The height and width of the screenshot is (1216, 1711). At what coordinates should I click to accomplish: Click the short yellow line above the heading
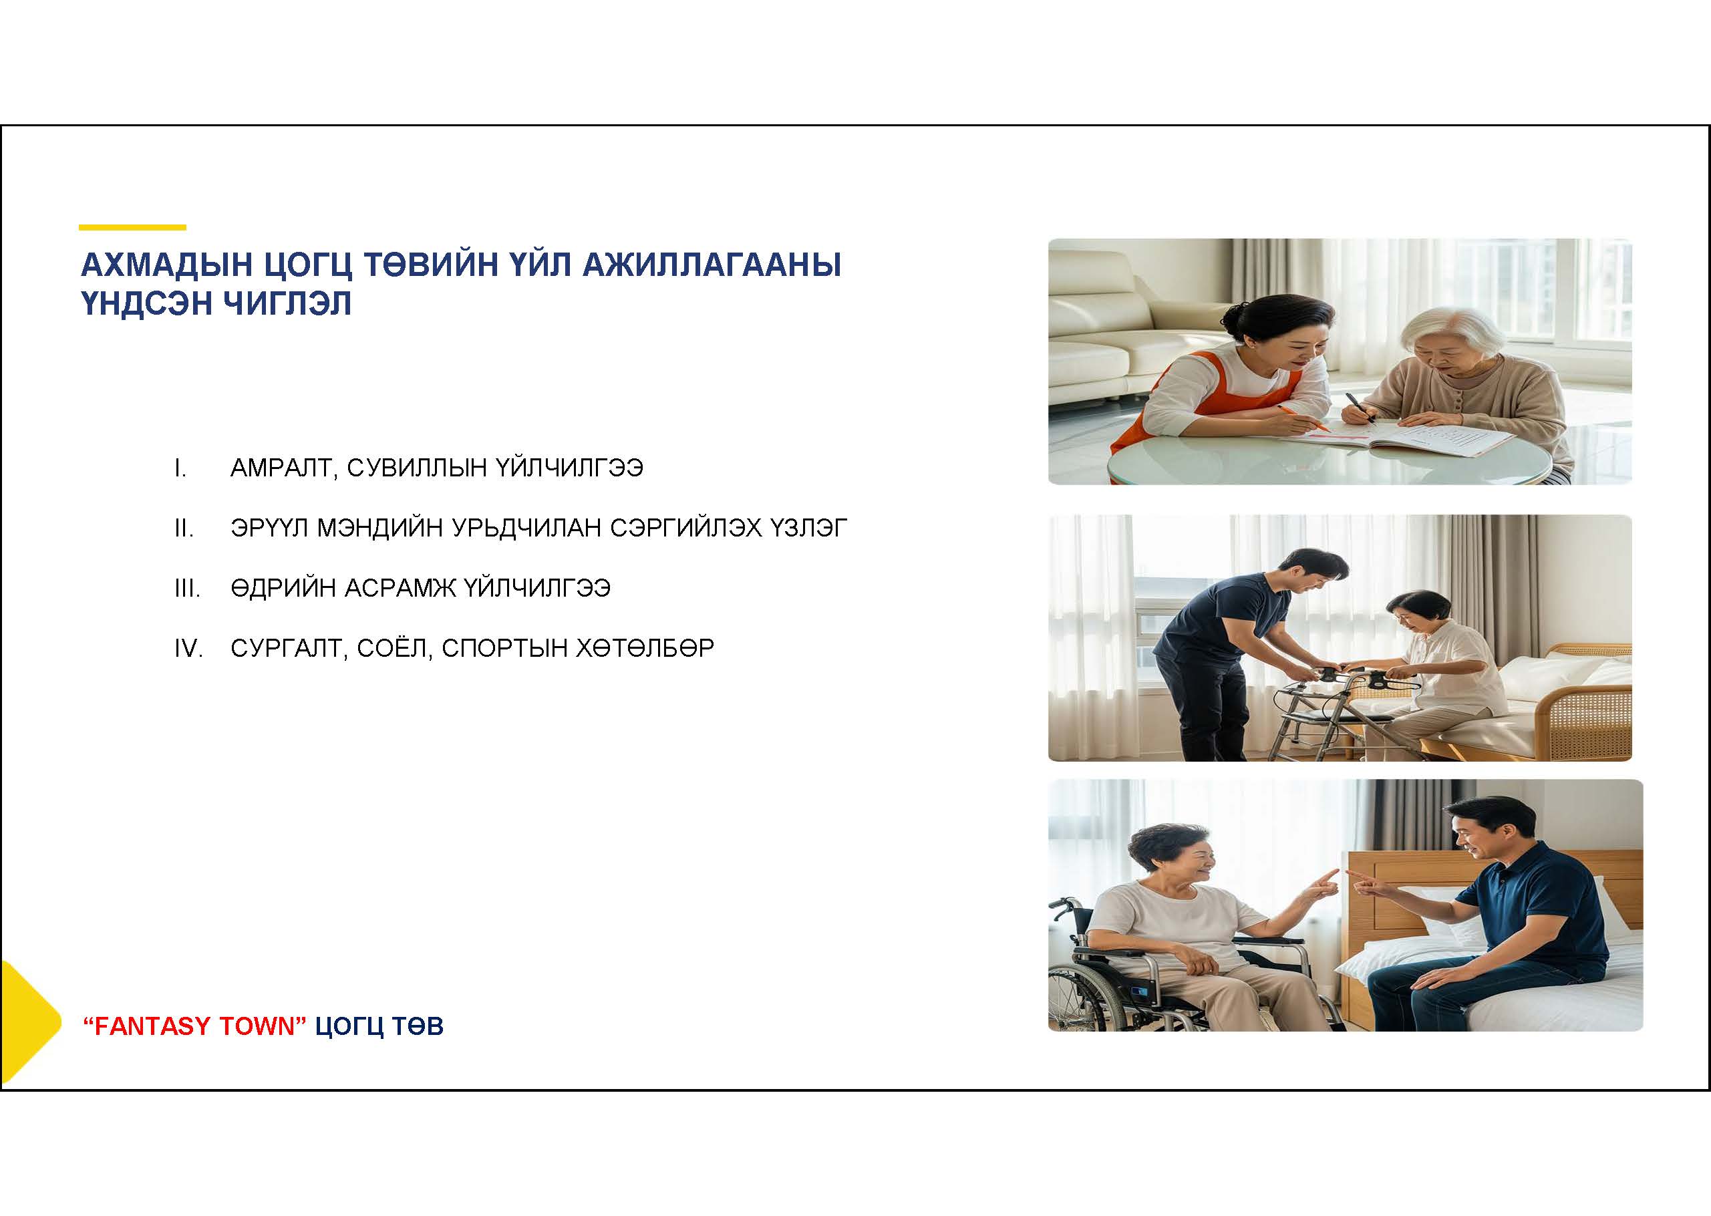point(132,227)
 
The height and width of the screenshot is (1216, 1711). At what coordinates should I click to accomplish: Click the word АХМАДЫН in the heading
point(166,265)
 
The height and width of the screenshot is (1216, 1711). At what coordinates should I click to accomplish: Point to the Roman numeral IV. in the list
point(188,649)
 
